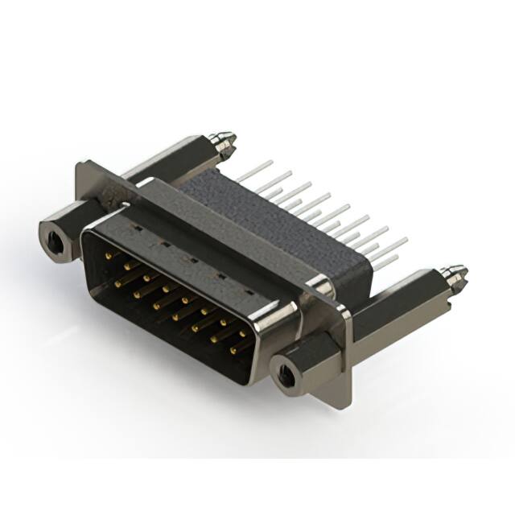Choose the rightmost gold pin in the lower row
234,350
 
